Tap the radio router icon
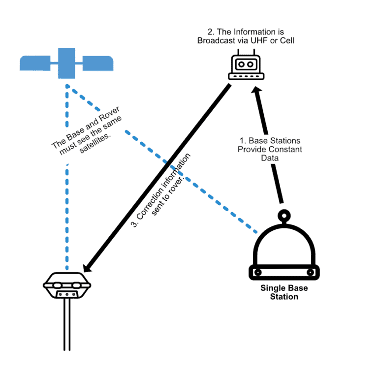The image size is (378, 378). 246,68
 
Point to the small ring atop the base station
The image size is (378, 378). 284,215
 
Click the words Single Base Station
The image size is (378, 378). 280,292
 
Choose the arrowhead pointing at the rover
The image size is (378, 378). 88,267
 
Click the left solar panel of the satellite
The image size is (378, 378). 35,63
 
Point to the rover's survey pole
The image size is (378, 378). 67,325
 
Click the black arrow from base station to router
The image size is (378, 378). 269,148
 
